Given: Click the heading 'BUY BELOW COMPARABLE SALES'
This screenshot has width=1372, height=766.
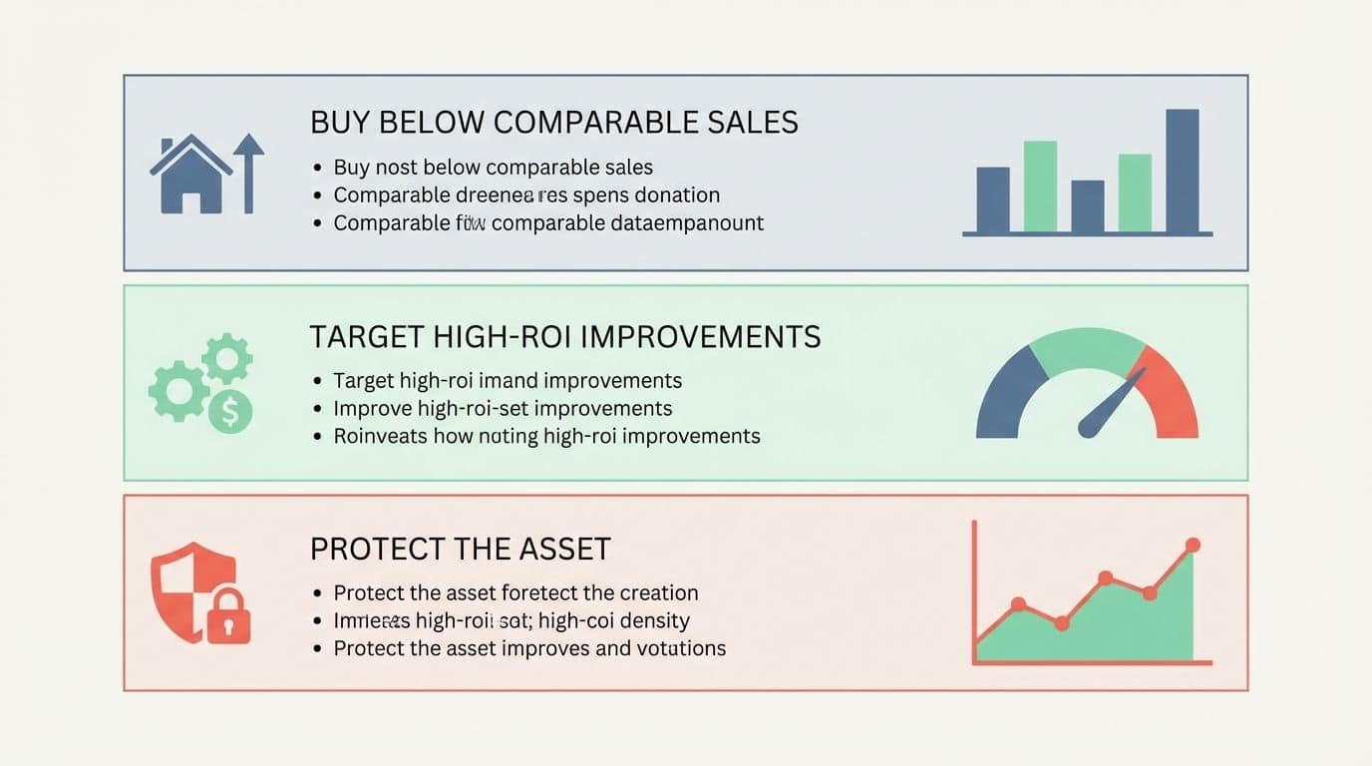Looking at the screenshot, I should pyautogui.click(x=553, y=123).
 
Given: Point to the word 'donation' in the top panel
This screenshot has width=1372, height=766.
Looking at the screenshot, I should pyautogui.click(x=677, y=194).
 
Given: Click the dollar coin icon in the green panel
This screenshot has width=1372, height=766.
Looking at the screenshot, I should pyautogui.click(x=230, y=411).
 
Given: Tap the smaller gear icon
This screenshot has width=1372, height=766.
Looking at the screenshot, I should pyautogui.click(x=227, y=358).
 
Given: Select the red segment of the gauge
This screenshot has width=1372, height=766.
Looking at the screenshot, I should pyautogui.click(x=1173, y=394).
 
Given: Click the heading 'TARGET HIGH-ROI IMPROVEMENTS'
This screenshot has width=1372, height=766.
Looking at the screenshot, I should pyautogui.click(x=564, y=337).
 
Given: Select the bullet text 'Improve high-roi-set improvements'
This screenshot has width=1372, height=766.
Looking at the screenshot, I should pyautogui.click(x=503, y=408).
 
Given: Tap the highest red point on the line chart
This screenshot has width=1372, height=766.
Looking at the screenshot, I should pyautogui.click(x=1192, y=545).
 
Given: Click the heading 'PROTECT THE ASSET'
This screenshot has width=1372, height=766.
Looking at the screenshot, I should pyautogui.click(x=460, y=549).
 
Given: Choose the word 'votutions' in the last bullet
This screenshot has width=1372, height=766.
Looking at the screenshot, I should pyautogui.click(x=679, y=648).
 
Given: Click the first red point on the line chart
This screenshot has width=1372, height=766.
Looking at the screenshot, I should pyautogui.click(x=1018, y=603).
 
